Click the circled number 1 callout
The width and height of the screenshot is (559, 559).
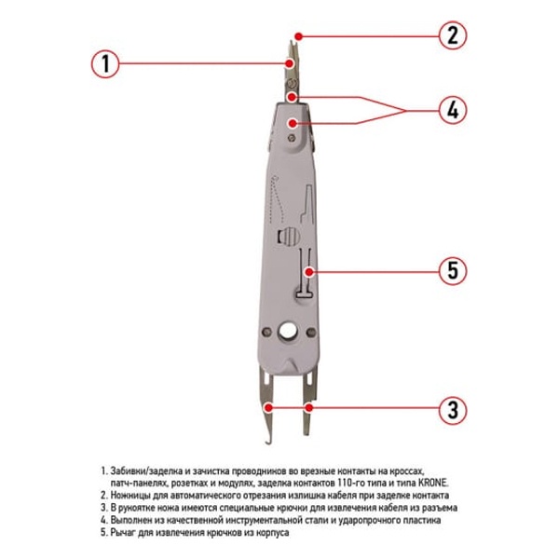[x=105, y=63]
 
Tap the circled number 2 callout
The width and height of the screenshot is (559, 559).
[x=453, y=35]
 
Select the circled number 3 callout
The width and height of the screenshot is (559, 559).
[x=453, y=410]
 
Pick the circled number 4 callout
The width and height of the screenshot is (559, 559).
[x=453, y=110]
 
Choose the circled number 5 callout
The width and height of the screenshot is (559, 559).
[x=453, y=270]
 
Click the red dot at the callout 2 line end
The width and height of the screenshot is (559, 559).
[x=299, y=36]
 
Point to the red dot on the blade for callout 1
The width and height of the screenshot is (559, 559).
[x=290, y=63]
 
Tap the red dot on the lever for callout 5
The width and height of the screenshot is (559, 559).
[x=309, y=272]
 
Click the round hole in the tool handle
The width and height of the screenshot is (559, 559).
[x=287, y=332]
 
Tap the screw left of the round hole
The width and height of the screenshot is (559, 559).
[x=266, y=332]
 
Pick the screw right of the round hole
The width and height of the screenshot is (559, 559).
[x=311, y=333]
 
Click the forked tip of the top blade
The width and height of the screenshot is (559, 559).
[x=293, y=44]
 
